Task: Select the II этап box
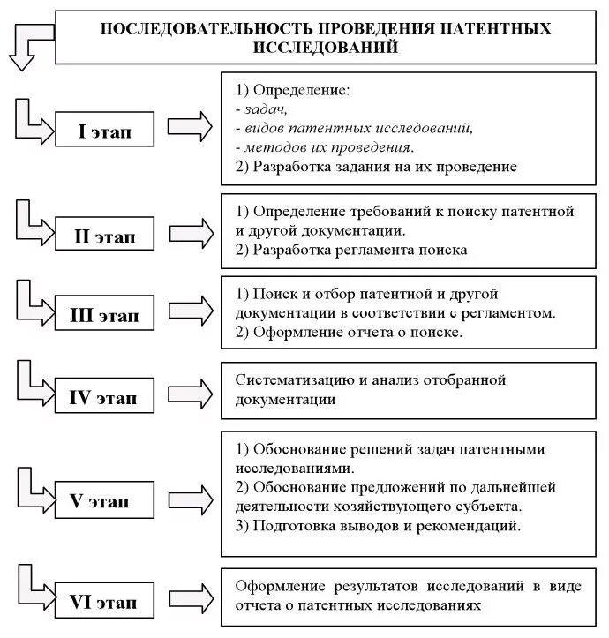coord(105,236)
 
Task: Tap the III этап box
coord(105,315)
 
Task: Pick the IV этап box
coord(105,396)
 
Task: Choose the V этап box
coord(105,501)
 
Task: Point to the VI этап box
coord(105,603)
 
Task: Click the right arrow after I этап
coord(190,129)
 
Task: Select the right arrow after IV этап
coord(190,392)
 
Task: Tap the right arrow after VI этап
coord(190,600)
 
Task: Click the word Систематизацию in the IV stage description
coord(288,380)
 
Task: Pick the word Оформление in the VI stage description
coord(278,587)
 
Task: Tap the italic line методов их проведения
coord(325,146)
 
